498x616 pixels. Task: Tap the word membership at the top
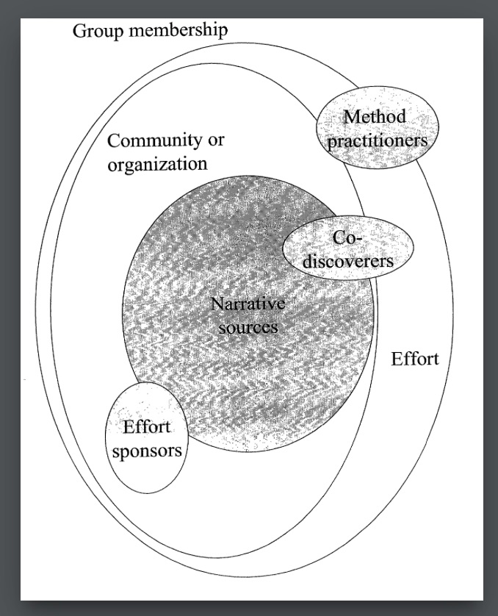coord(178,29)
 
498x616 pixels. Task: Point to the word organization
coord(157,164)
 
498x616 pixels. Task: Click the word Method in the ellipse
coord(375,116)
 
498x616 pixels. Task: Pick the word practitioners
coord(377,140)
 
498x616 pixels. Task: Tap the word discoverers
coord(348,261)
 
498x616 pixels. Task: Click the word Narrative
coord(248,304)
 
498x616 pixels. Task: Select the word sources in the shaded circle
coord(248,327)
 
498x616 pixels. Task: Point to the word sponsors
coord(147,451)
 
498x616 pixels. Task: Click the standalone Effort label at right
coord(415,359)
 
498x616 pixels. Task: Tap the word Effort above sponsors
coord(147,426)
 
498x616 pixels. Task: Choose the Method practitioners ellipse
coord(378,128)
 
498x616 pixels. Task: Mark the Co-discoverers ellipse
coord(348,248)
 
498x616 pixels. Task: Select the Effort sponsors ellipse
coord(147,437)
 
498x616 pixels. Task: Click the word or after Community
coord(216,141)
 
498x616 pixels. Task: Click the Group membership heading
coord(151,31)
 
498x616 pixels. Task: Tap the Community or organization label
coord(165,153)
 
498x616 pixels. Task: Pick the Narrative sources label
coord(248,315)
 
